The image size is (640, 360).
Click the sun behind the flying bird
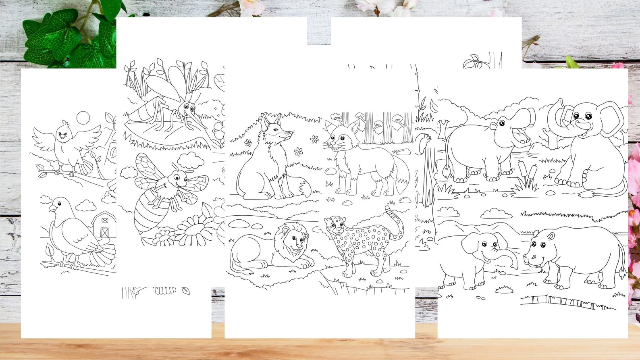[x=83, y=118]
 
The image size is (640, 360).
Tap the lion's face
[x=295, y=242]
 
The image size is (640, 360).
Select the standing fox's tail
[x=401, y=178]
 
